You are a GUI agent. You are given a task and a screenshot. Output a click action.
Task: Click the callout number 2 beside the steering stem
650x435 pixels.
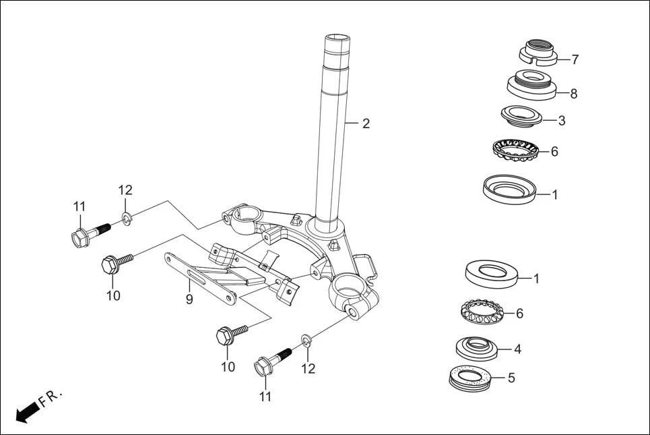pos(366,123)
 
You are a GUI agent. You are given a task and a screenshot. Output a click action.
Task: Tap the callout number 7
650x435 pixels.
pos(575,59)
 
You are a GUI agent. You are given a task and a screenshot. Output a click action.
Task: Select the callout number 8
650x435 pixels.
pos(573,94)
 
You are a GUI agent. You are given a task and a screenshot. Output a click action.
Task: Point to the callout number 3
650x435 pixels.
pos(561,121)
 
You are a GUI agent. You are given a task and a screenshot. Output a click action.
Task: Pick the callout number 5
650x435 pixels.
pos(511,378)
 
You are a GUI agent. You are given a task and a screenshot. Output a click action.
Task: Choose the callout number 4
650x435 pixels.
pos(517,349)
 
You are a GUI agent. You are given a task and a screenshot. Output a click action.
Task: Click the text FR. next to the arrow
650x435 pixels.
pos(50,397)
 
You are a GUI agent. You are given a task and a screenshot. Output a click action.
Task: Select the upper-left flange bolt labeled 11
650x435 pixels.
pos(88,233)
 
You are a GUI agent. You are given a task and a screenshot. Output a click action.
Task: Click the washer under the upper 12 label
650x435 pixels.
pos(126,217)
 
